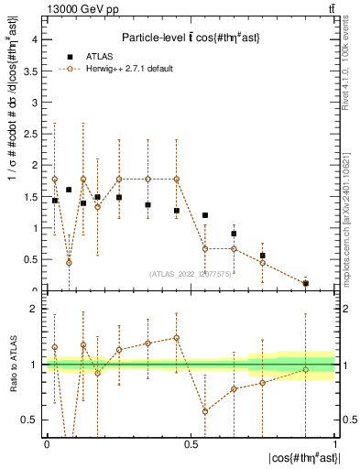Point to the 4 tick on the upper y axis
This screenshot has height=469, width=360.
coord(37,39)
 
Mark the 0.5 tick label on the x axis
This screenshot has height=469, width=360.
coord(191,443)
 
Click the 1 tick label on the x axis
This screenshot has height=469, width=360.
coord(334,443)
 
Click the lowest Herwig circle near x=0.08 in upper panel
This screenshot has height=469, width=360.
coord(69,262)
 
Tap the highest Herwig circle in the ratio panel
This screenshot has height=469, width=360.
coord(176,338)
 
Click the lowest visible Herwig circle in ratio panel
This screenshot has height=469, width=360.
coord(205,411)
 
